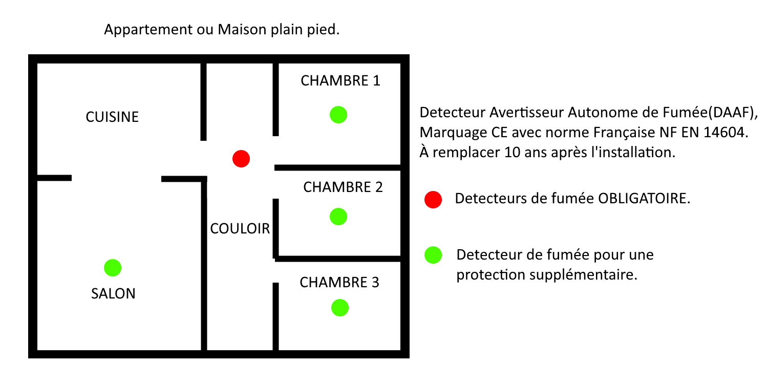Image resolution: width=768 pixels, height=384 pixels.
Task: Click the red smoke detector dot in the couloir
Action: pos(241,159)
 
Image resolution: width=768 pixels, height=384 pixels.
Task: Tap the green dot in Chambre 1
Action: pos(338,115)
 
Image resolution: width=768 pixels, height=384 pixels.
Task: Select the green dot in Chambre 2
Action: pos(338,217)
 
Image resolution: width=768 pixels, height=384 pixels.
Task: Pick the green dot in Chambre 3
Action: pos(340,308)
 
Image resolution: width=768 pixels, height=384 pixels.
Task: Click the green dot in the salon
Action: pos(113,268)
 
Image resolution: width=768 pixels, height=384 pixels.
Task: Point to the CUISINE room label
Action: pos(112,117)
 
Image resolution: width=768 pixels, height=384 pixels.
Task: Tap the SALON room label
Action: pos(113,293)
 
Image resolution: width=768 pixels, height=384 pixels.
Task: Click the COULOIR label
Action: pos(240,229)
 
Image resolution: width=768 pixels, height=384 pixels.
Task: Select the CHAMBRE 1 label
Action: pos(340,80)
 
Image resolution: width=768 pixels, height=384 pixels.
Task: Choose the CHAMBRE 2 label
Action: pos(343,187)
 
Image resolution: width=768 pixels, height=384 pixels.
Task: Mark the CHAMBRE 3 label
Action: pos(339,283)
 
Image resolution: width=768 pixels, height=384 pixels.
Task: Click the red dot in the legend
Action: pos(433,200)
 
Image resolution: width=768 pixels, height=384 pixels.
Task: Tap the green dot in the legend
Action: pos(433,255)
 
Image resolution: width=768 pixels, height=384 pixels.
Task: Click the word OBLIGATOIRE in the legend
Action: pos(644,199)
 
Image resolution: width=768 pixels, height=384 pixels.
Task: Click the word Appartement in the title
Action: pos(148,30)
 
